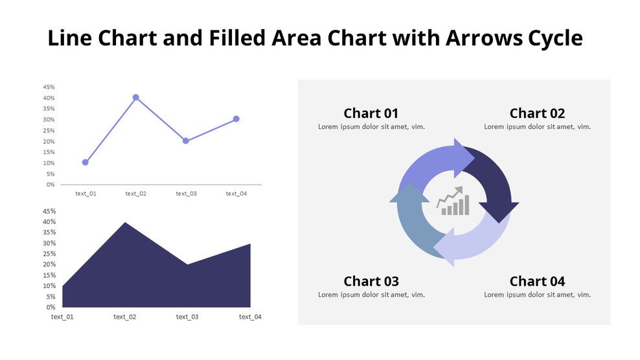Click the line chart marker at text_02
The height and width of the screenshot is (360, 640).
[x=135, y=97]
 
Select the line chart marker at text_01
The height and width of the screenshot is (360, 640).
[x=86, y=163]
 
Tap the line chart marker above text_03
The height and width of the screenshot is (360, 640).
[x=186, y=141]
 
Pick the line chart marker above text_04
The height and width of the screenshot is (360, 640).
[x=236, y=119]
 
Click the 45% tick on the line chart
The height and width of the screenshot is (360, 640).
[x=49, y=87]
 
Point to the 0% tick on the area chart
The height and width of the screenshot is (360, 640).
[x=51, y=307]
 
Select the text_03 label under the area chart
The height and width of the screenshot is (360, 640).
[x=187, y=317]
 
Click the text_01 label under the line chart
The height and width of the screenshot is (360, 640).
[x=86, y=194]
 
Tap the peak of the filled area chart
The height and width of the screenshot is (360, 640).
[x=124, y=223]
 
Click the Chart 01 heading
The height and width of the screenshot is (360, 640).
[x=371, y=113]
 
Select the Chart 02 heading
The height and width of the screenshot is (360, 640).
[x=537, y=113]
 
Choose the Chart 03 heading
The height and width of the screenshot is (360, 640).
[x=371, y=281]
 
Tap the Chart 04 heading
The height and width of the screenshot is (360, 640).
[x=537, y=281]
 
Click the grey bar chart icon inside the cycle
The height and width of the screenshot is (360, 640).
[x=453, y=202]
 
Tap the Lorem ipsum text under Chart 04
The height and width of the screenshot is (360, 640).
[x=537, y=295]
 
